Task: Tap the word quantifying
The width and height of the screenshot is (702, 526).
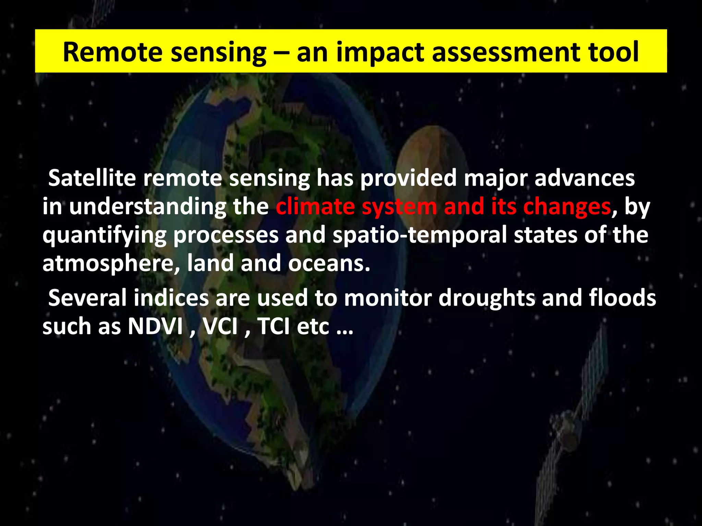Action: click(x=104, y=236)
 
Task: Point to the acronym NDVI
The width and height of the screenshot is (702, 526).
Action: click(x=155, y=326)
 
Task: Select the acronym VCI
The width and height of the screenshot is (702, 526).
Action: click(x=220, y=326)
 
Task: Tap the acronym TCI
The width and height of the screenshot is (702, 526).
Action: click(x=273, y=326)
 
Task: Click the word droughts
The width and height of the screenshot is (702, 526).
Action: click(x=487, y=298)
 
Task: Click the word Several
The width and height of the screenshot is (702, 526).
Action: click(x=87, y=298)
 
